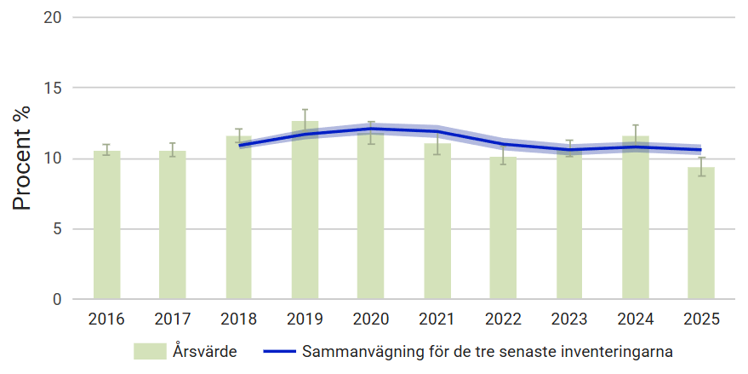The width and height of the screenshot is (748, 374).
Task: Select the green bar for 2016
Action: (106, 226)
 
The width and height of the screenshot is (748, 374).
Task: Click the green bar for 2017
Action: (172, 226)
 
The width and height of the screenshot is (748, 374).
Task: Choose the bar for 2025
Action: (701, 233)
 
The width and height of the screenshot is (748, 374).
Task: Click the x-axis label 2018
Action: (238, 319)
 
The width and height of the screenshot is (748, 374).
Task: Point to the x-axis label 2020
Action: (371, 319)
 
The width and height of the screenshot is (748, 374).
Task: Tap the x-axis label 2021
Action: (437, 319)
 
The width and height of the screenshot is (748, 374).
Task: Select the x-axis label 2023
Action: (569, 319)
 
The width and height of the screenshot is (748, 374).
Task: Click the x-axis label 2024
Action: (635, 319)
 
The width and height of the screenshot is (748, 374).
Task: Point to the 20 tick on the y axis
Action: (52, 17)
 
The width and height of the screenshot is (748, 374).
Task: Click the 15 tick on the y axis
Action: (52, 88)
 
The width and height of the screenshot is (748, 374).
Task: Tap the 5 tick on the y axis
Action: (56, 229)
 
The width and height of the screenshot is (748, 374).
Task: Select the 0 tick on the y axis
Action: (56, 300)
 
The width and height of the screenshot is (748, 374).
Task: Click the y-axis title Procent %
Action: (23, 158)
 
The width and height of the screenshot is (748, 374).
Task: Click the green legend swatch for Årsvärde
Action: (149, 351)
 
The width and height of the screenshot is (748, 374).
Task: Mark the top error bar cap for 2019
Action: (305, 109)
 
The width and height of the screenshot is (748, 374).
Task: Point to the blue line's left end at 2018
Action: (240, 146)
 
